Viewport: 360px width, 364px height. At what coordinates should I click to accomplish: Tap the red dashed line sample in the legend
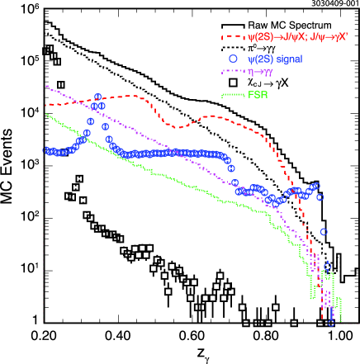233,36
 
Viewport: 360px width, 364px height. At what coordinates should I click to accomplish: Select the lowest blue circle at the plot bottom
331,322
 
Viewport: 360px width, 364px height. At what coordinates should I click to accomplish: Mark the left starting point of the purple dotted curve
45,85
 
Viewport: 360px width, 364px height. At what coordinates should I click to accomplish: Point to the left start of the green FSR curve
45,114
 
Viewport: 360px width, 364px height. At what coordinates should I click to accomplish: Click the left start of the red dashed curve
45,105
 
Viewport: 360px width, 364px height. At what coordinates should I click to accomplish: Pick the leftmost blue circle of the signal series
46,149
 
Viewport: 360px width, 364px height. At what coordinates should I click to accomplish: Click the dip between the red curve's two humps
177,126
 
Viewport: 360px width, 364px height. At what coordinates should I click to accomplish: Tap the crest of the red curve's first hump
132,96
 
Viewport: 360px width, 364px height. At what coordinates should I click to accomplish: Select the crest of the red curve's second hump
213,116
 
